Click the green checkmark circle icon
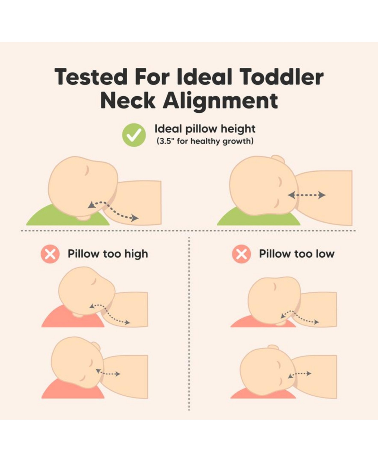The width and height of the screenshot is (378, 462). click(134, 135)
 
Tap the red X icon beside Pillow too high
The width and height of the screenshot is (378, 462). click(50, 254)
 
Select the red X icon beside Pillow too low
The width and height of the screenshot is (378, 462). click(242, 254)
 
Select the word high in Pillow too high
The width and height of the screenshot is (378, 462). click(136, 254)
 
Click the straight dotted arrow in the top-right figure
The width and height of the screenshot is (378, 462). click(306, 195)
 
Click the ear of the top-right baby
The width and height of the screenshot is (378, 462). click(278, 159)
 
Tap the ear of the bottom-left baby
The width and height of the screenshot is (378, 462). click(96, 346)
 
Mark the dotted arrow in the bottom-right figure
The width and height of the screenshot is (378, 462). click(299, 374)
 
